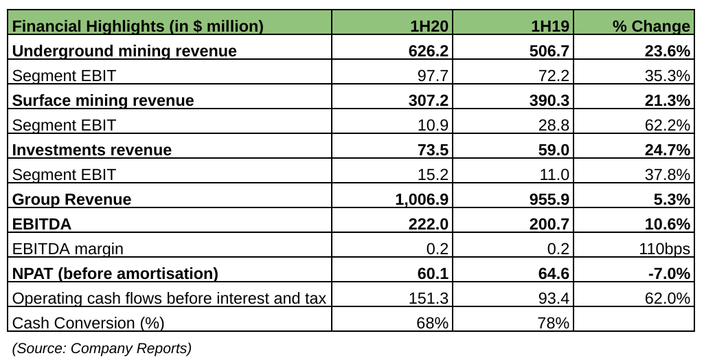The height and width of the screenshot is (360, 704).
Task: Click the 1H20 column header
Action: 429,26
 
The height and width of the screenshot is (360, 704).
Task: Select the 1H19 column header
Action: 550,26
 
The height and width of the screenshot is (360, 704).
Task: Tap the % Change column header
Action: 651,26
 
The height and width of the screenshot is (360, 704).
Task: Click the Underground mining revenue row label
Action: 125,51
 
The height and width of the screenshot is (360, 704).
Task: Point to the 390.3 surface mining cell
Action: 549,100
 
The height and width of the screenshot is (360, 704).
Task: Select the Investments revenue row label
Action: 92,150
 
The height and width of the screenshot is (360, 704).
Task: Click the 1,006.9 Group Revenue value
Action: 422,199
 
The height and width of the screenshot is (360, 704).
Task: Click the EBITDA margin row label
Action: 69,249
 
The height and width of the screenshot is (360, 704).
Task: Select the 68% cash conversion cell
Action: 433,322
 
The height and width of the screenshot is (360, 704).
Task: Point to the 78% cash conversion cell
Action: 554,322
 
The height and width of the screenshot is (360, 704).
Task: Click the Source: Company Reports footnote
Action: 102,348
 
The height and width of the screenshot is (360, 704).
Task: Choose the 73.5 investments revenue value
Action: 433,150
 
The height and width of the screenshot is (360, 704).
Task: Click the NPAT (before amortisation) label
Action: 115,273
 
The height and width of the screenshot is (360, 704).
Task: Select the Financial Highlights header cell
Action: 138,26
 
